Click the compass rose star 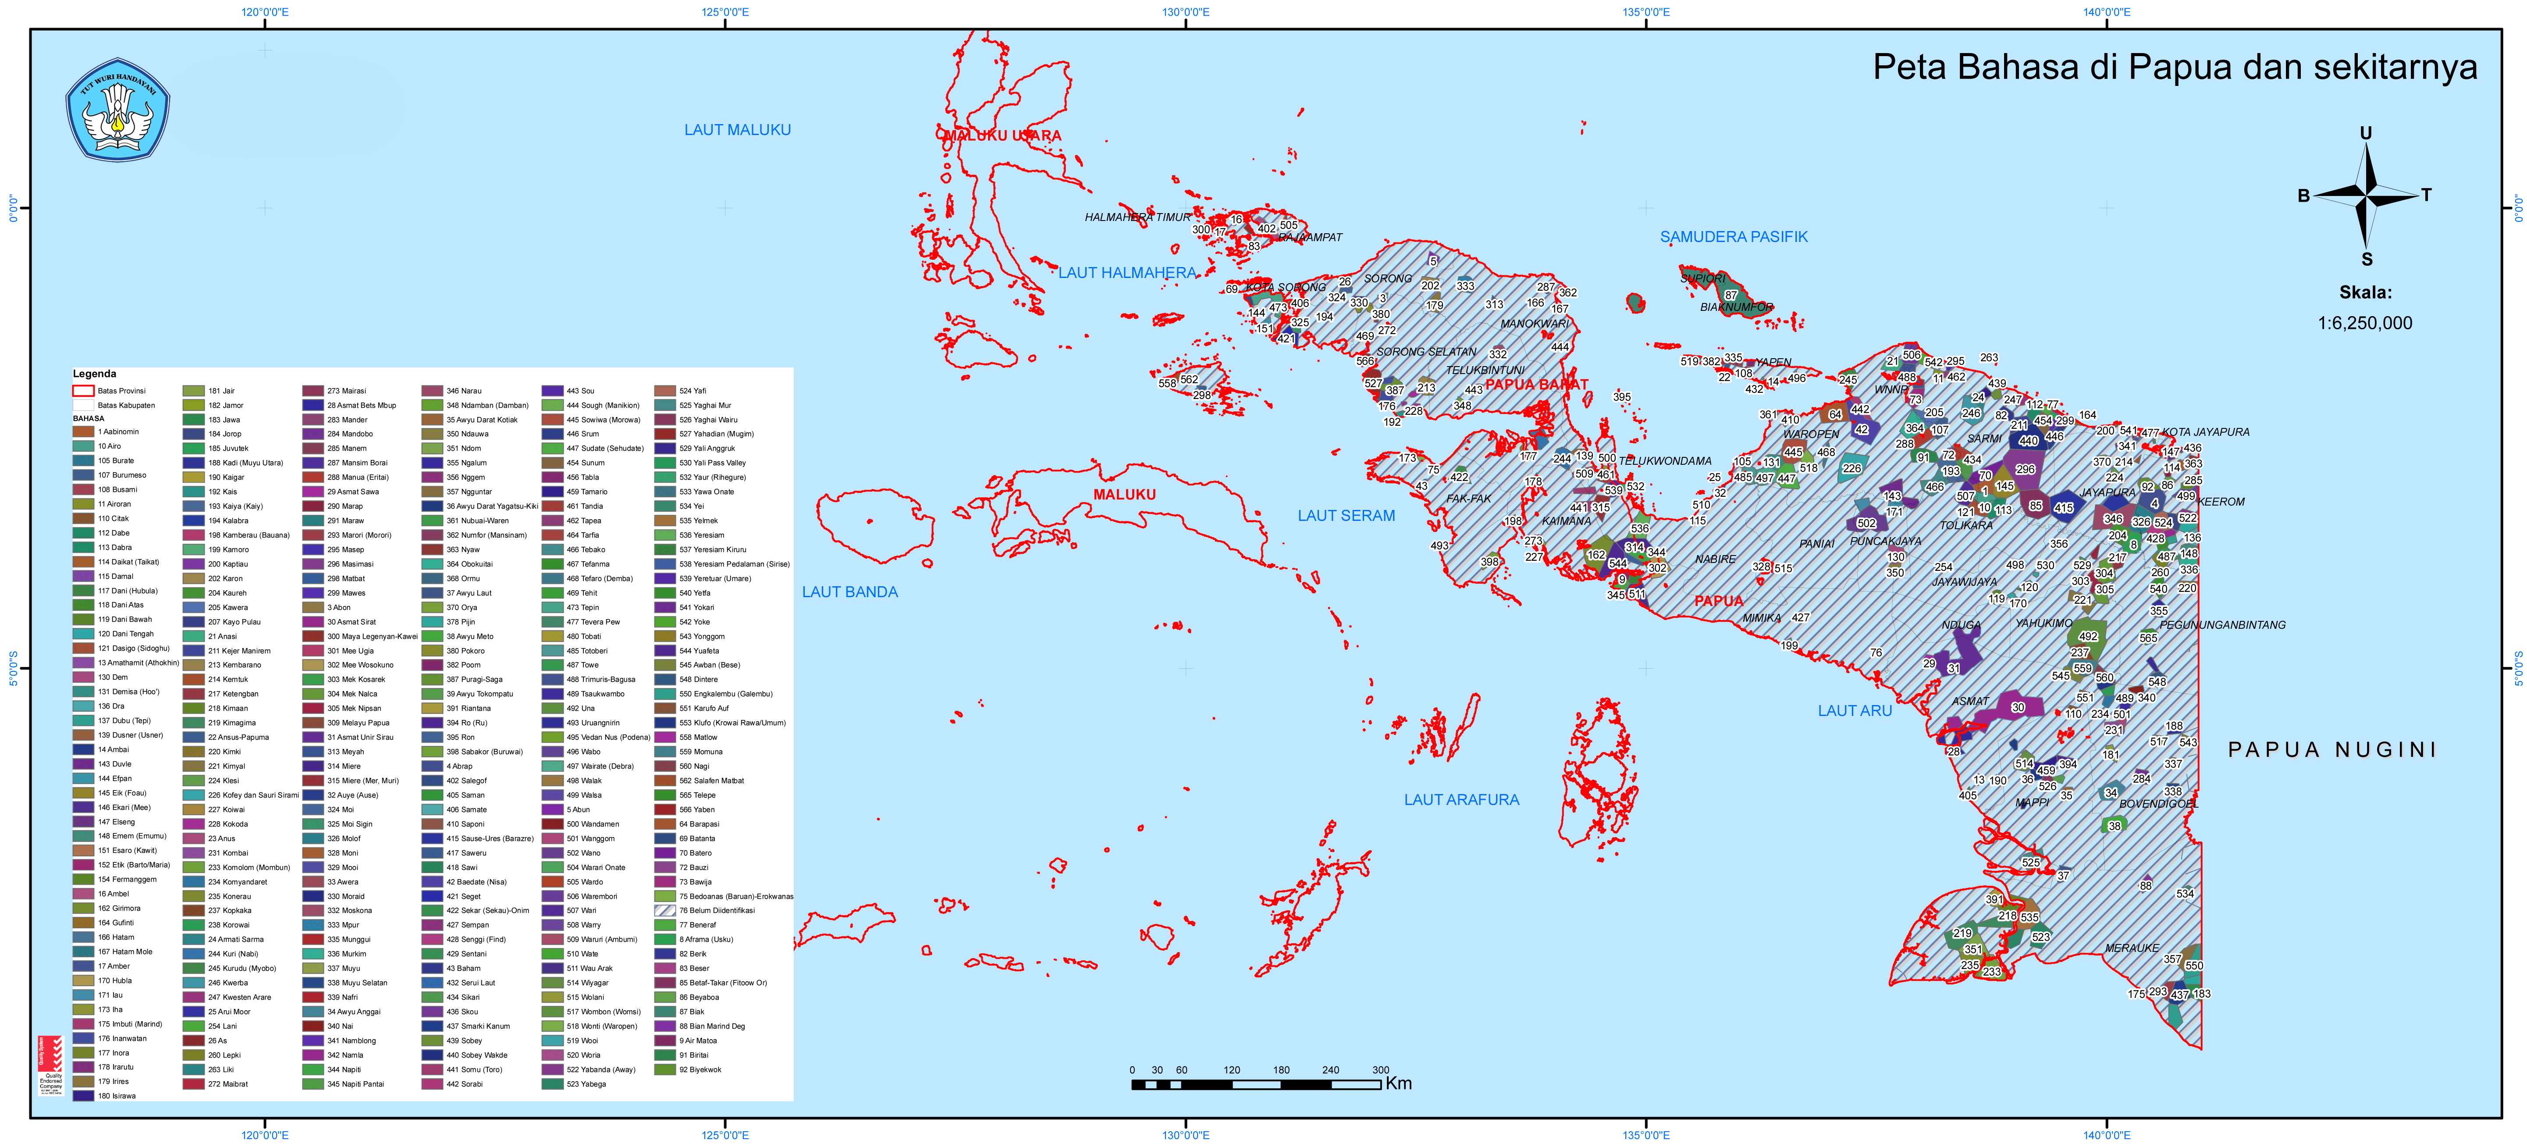(x=2366, y=196)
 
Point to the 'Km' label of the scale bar (x=1398, y=1083)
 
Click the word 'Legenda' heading (x=94, y=374)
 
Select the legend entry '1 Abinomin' (x=118, y=432)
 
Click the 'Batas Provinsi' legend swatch (x=83, y=391)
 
